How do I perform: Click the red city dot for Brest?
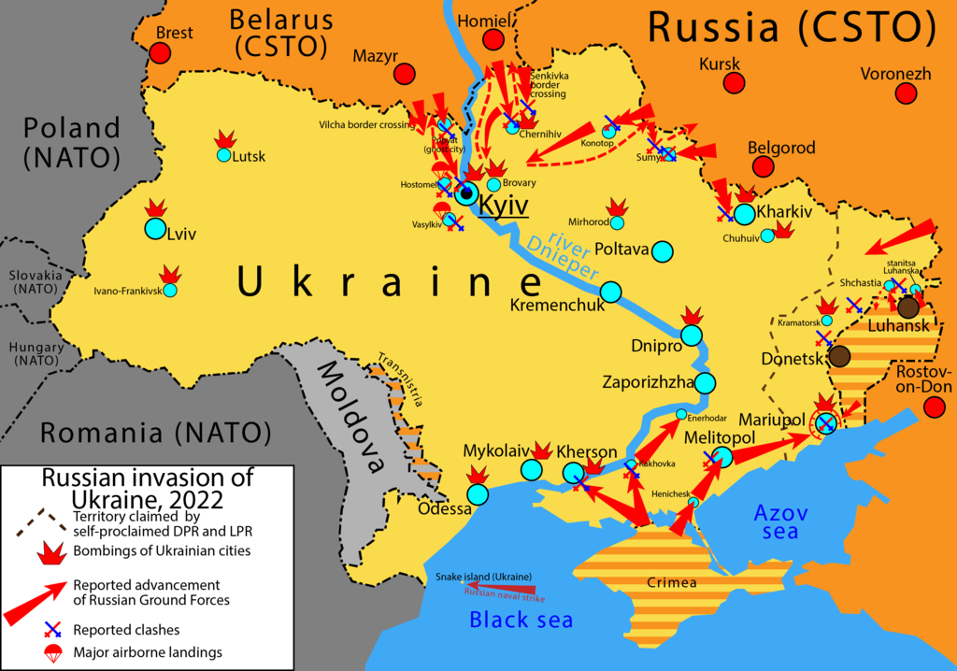click(x=161, y=54)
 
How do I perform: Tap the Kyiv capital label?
click(x=503, y=206)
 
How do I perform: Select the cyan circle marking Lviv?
click(x=154, y=228)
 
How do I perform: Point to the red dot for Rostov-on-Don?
click(x=932, y=407)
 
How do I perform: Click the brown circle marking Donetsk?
click(x=838, y=355)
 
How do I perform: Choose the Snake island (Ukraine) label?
click(x=483, y=576)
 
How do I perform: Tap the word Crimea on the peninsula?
click(x=671, y=582)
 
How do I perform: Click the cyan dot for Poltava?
click(x=662, y=251)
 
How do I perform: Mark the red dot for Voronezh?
click(x=905, y=93)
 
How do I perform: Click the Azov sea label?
click(x=779, y=521)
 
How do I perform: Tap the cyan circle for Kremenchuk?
click(x=610, y=293)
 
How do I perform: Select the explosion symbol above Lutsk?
click(x=224, y=138)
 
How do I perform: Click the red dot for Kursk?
click(x=735, y=82)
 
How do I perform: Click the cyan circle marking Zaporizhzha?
click(x=705, y=382)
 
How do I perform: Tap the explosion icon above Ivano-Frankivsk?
click(x=169, y=274)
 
